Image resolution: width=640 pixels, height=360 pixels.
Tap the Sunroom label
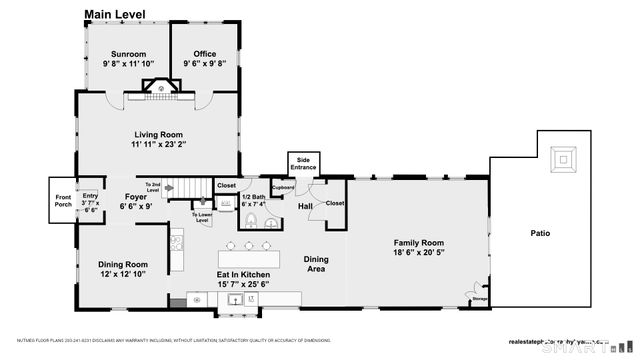(128, 54)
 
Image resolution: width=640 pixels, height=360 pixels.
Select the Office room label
(205, 54)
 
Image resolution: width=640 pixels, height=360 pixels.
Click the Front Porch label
(63, 199)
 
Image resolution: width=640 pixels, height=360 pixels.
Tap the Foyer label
(136, 196)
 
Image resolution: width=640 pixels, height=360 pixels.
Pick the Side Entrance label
(303, 163)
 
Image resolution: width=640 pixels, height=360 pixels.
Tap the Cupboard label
(283, 187)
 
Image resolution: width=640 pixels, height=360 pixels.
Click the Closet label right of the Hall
(334, 203)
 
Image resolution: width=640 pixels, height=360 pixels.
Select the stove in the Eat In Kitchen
(176, 239)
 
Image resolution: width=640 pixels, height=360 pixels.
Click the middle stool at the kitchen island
(248, 245)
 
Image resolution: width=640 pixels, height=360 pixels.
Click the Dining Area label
(316, 263)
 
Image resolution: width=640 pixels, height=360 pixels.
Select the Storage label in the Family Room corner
(480, 298)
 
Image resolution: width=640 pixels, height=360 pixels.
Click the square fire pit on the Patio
(565, 158)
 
